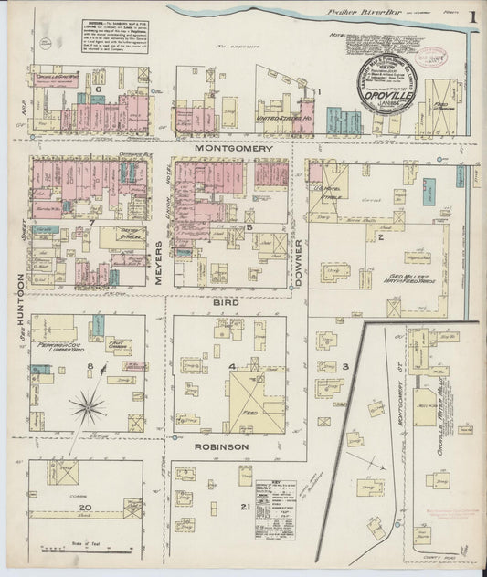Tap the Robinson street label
coord(221,446)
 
